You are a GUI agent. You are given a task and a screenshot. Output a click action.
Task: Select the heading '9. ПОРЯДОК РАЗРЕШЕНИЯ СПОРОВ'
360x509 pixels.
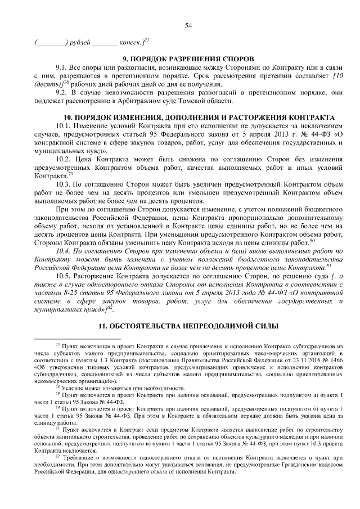click(x=188, y=58)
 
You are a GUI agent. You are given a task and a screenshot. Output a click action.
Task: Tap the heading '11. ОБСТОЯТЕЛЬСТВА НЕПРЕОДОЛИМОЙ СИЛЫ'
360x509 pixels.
click(x=188, y=326)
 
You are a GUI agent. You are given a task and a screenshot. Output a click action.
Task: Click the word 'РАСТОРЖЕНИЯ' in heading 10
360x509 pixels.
click(x=259, y=112)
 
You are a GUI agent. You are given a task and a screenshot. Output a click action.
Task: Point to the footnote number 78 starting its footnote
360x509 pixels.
click(x=57, y=386)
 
